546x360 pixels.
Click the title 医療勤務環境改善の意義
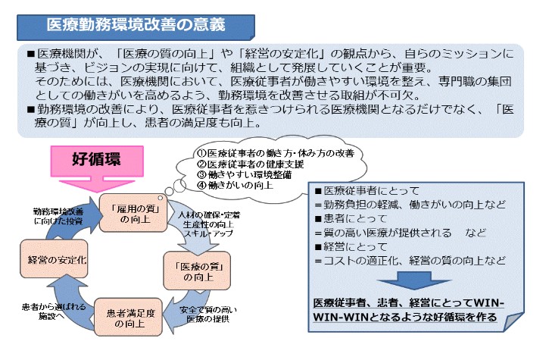[136, 23]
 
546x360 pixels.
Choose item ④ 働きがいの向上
[236, 185]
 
